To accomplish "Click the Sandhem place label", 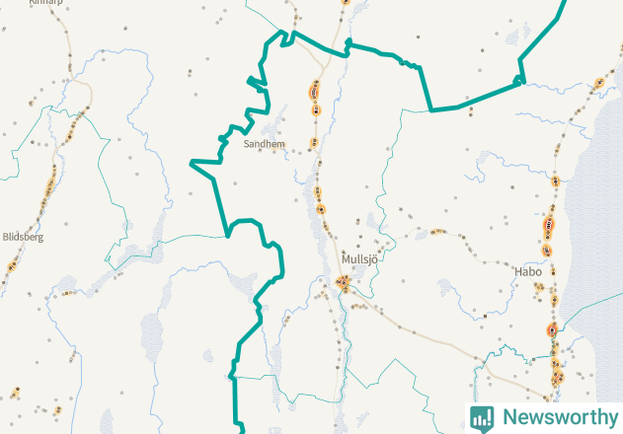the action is pos(264,144).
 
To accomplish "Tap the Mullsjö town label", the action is pos(359,259).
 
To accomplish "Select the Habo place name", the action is pos(528,270).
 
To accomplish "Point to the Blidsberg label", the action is pos(24,237).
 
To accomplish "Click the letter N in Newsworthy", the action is pos(509,416).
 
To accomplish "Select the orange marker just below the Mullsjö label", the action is pos(344,284).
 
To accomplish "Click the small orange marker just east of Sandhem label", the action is pos(314,143).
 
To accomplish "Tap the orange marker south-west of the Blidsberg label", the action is pos(13,264).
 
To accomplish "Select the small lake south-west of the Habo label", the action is pos(449,292).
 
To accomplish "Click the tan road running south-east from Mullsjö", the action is pos(434,335).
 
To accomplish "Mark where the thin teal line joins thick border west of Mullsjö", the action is pos(228,236).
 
